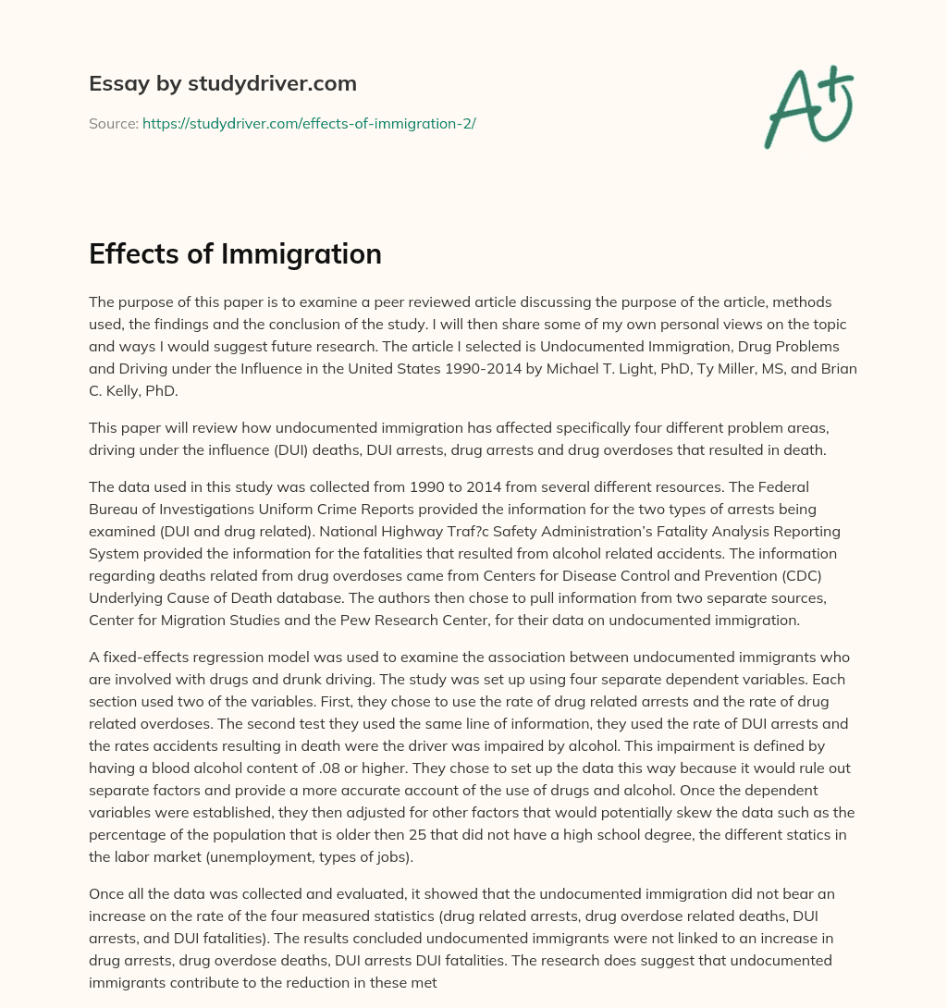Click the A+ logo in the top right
[808, 107]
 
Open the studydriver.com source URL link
[309, 123]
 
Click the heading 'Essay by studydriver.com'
[223, 83]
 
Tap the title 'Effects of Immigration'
[235, 253]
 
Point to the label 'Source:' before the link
[114, 123]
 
